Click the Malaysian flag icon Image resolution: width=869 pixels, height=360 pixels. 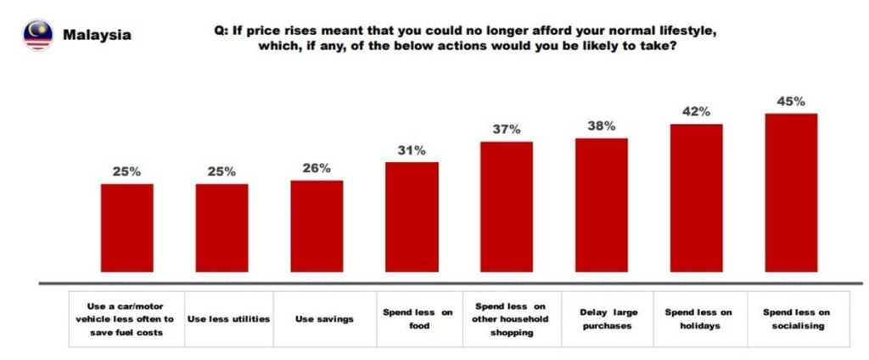point(37,35)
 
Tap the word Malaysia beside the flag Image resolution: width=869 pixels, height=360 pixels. point(97,36)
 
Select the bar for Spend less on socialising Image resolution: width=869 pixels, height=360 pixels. point(791,193)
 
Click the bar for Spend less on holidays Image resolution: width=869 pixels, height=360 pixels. point(697,198)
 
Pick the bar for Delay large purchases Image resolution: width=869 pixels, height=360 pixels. point(602,205)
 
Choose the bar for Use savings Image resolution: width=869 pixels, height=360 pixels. point(317,226)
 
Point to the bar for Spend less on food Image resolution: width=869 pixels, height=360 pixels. point(412,217)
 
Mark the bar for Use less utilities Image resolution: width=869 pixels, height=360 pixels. point(222,228)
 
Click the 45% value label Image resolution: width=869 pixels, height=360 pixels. point(791,102)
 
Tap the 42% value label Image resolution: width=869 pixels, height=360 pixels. point(697,112)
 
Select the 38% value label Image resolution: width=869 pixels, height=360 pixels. point(602,127)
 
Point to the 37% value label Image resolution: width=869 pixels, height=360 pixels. point(507,129)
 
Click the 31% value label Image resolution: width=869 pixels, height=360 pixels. point(412,149)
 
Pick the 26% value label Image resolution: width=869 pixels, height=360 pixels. point(317,168)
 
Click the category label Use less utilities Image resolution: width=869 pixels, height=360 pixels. point(227,318)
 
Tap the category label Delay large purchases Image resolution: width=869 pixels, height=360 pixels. point(608,318)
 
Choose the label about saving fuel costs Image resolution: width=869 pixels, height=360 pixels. point(131,318)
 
